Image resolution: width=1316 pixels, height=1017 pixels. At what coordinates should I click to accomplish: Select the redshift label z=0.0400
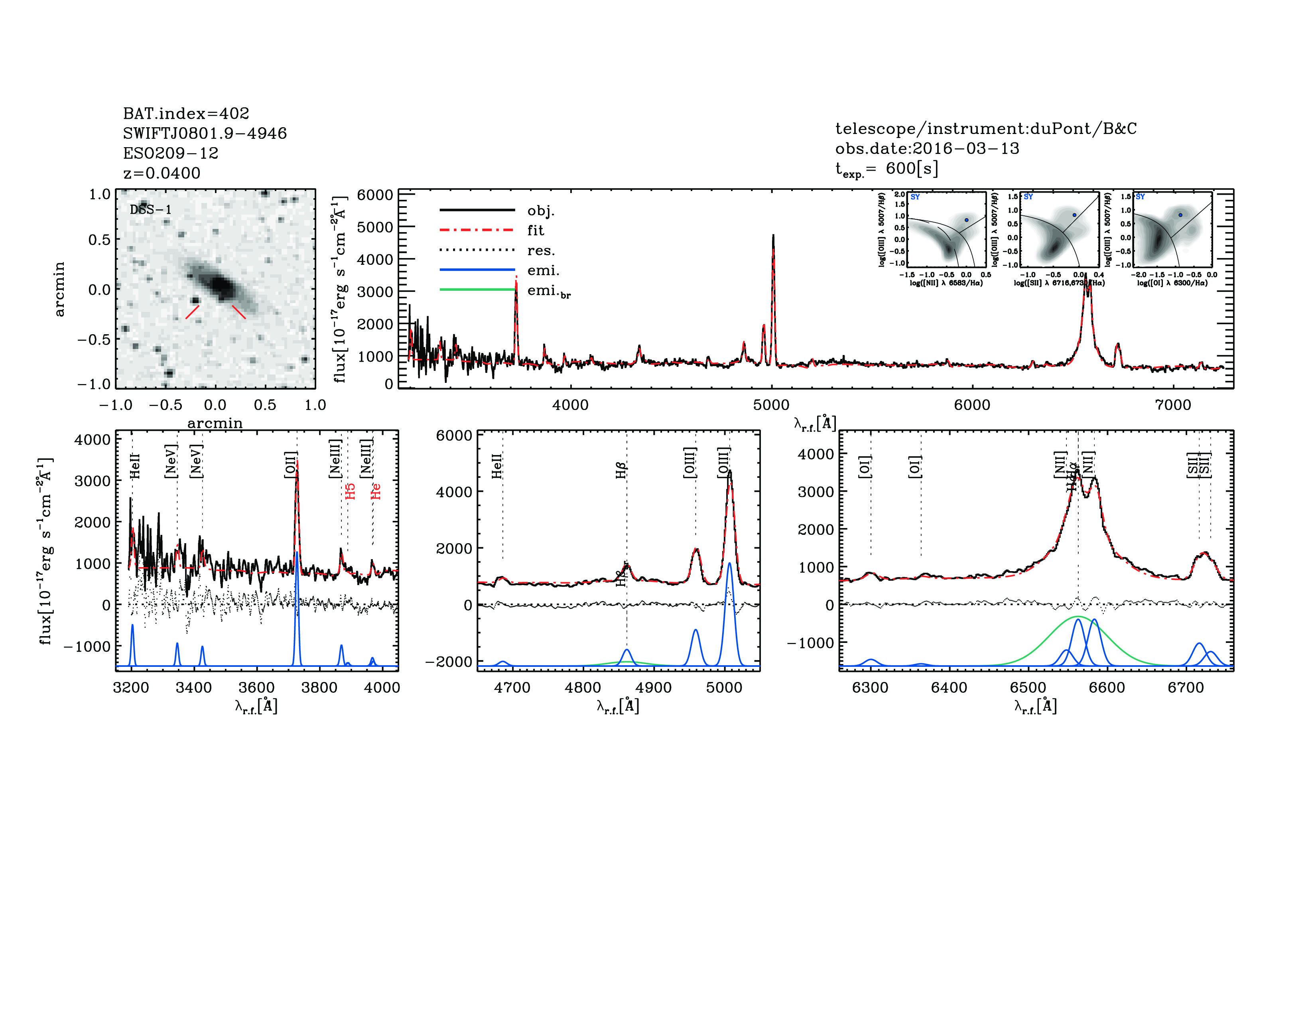point(162,173)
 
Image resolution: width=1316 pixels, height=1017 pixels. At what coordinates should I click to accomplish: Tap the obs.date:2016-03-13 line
point(927,148)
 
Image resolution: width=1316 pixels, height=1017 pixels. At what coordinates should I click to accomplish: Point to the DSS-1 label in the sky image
point(151,210)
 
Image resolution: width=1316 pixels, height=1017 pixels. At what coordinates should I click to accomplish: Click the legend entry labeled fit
point(535,230)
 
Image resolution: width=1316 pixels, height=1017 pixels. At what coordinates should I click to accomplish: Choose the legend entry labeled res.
point(540,250)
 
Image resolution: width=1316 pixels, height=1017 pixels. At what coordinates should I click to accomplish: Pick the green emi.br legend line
point(477,290)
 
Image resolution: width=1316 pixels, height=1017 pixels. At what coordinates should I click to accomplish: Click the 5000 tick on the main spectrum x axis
point(771,405)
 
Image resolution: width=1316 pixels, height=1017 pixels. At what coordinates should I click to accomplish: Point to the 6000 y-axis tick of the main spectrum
point(375,195)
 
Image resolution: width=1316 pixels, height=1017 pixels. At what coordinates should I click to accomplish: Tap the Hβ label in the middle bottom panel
point(621,470)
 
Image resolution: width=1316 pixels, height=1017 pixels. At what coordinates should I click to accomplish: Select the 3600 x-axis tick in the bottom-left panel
point(257,688)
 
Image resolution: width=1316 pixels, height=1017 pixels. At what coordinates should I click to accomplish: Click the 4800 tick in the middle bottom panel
point(583,688)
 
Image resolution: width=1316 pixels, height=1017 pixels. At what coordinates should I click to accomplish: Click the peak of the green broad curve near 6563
point(1078,617)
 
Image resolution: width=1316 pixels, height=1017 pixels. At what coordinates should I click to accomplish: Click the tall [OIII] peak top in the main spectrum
point(773,236)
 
